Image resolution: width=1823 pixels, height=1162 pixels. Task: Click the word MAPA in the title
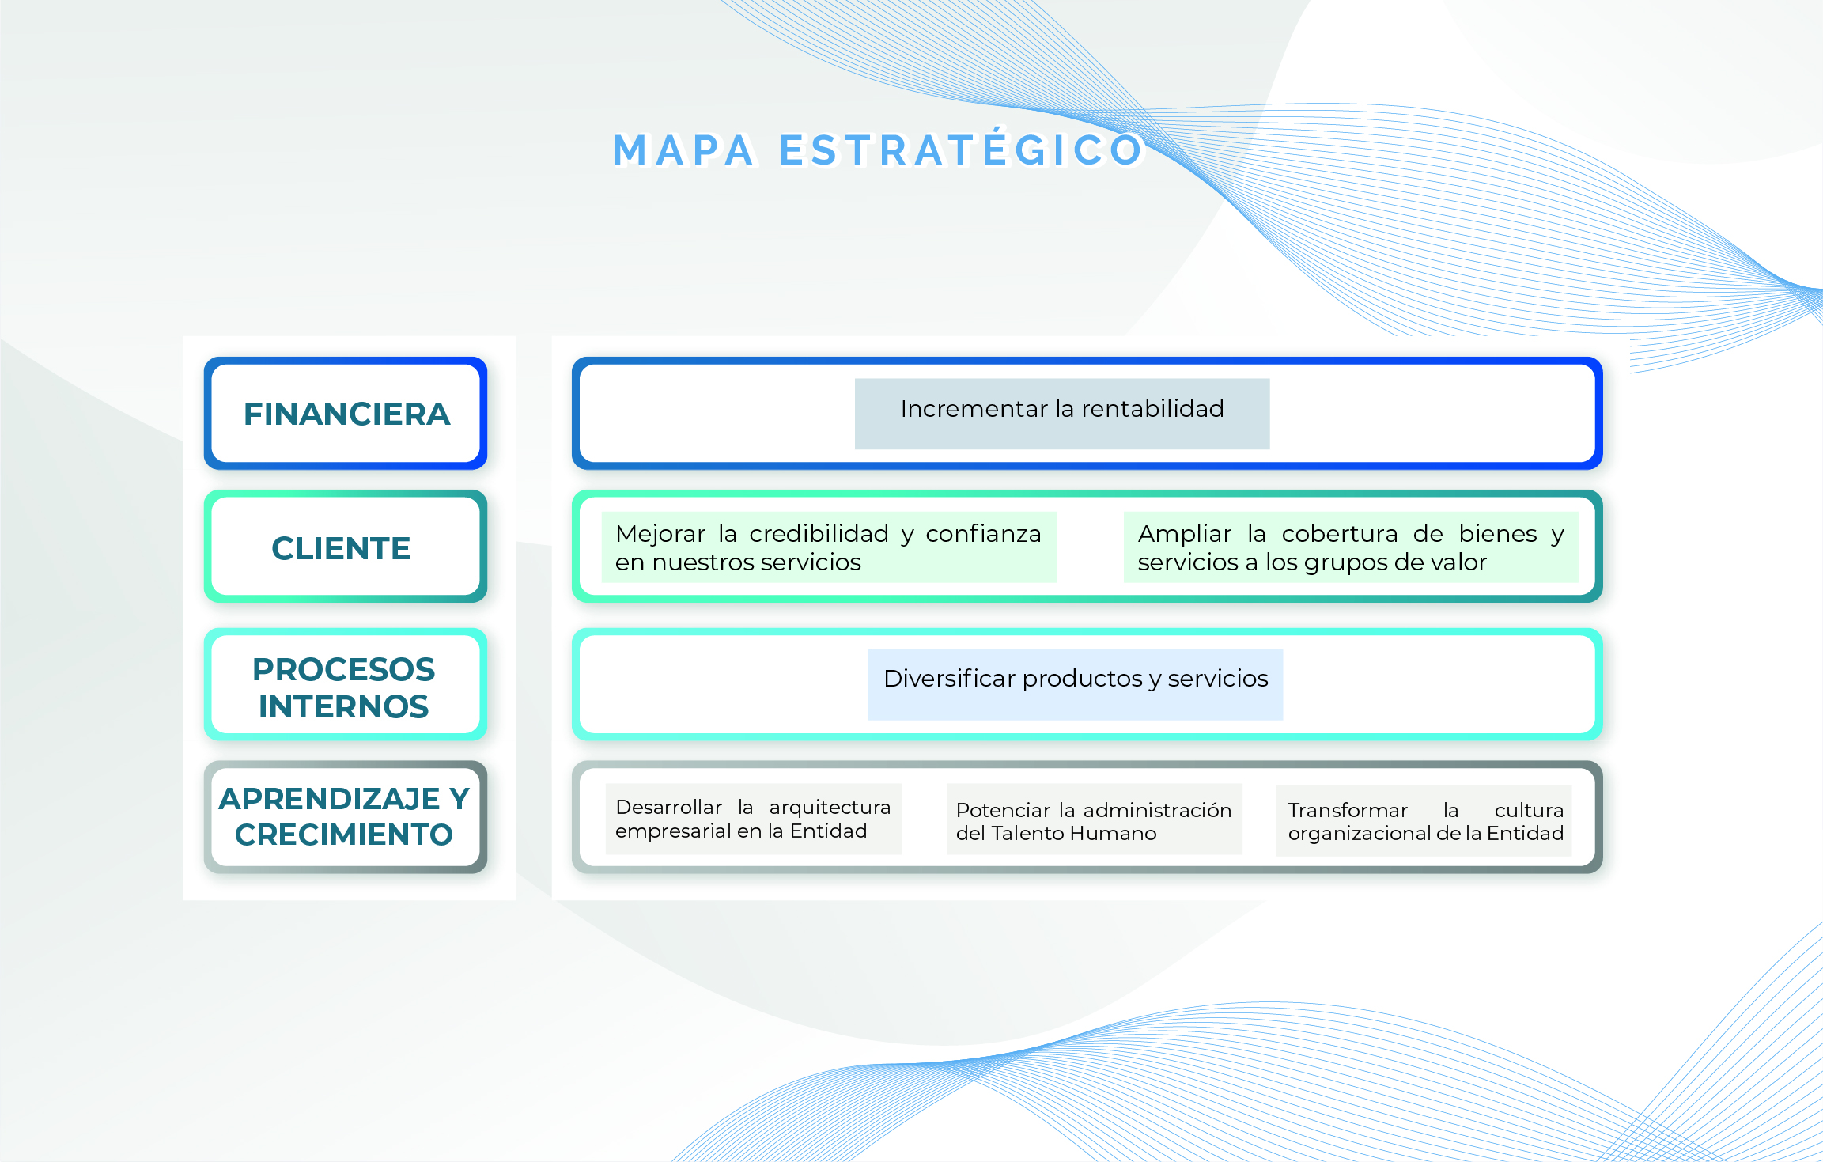(x=684, y=150)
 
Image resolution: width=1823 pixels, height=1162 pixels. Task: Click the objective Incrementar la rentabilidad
(x=1062, y=414)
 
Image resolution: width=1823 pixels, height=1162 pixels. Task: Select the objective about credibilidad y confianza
(x=829, y=547)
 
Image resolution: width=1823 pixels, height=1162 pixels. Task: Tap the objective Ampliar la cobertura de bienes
(x=1351, y=547)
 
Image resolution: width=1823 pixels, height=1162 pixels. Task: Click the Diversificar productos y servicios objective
(x=1076, y=685)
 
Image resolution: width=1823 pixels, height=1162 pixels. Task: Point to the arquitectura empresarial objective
(x=754, y=819)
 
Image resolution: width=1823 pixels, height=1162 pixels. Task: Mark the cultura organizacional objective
(x=1424, y=821)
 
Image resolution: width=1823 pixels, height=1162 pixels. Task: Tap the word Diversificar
(x=950, y=678)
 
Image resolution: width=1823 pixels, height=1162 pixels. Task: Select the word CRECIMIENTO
(x=344, y=835)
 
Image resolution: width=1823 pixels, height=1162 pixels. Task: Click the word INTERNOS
(x=344, y=706)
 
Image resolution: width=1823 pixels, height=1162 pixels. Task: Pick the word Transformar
(x=1348, y=810)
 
